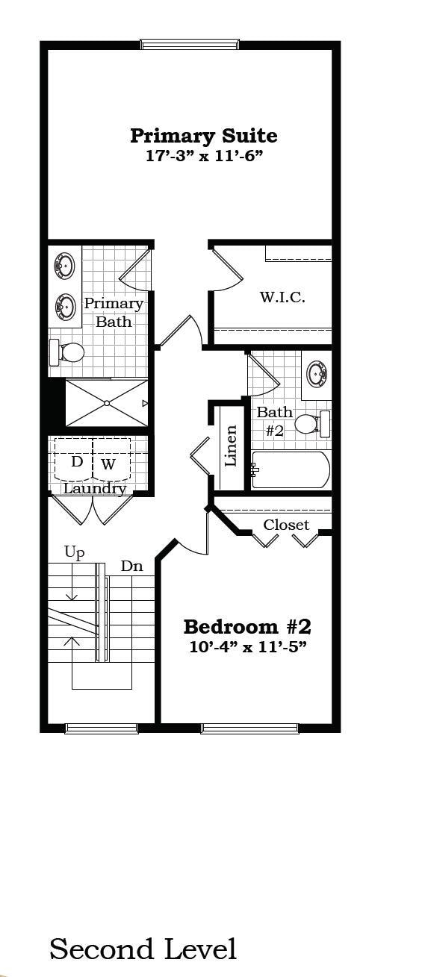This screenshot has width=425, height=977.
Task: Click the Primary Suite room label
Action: pos(203,136)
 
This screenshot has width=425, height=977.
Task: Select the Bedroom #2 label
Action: pos(247,625)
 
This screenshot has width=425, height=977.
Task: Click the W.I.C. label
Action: pos(282,297)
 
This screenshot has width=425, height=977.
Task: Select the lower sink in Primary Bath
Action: pos(65,305)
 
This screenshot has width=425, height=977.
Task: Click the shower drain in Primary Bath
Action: pos(107,403)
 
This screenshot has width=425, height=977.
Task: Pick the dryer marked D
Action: pos(76,462)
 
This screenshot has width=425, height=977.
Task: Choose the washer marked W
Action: pos(109,463)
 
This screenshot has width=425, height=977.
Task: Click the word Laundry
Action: pos(94,489)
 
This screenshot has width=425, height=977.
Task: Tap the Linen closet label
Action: pos(231,446)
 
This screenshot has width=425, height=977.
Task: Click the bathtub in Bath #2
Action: pos(290,469)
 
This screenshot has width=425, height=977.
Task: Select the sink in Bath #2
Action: pos(317,372)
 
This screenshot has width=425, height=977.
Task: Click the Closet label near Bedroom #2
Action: pos(285,525)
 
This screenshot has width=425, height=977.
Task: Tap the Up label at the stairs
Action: pos(74,552)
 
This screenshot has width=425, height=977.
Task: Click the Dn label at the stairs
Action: pos(131,566)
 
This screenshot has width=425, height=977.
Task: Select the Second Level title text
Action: pos(143,949)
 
